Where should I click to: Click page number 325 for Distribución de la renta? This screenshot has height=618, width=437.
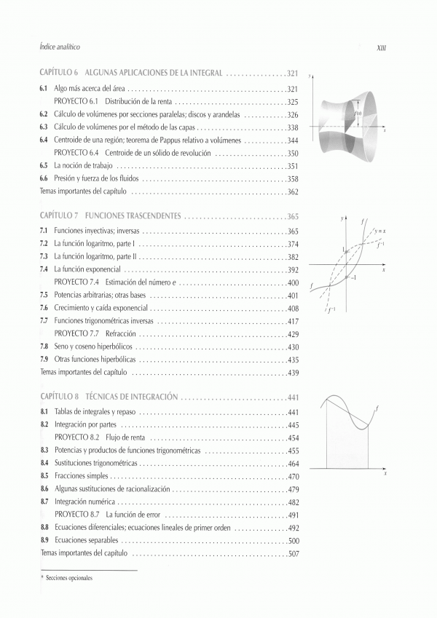pyautogui.click(x=293, y=101)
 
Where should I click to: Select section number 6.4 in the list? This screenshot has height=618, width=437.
pyautogui.click(x=44, y=140)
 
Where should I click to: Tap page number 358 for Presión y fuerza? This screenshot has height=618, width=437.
pyautogui.click(x=293, y=179)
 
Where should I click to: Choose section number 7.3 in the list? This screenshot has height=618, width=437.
pyautogui.click(x=44, y=257)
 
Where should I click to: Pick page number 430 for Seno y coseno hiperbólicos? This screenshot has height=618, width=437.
pyautogui.click(x=293, y=347)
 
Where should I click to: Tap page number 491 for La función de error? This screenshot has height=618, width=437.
pyautogui.click(x=293, y=515)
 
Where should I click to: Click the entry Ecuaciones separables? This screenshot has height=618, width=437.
pyautogui.click(x=84, y=541)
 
